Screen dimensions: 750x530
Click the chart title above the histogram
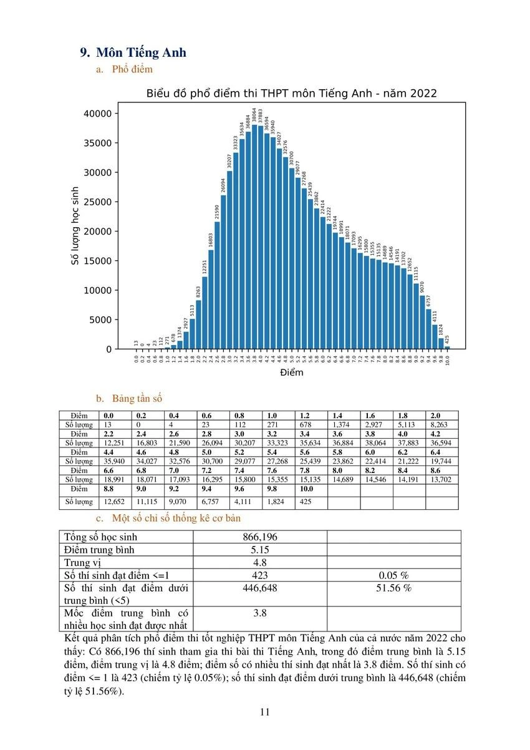point(291,94)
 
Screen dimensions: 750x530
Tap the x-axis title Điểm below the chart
point(291,373)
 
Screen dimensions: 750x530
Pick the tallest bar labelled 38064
point(254,237)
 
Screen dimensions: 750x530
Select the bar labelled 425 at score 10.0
point(447,348)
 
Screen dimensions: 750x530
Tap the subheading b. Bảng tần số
point(137,398)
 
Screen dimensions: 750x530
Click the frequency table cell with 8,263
point(440,424)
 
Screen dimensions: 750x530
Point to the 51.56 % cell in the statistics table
point(393,588)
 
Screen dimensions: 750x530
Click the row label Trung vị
point(83,562)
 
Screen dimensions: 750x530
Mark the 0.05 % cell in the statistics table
point(393,575)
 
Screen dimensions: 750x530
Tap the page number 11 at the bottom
point(264,712)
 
